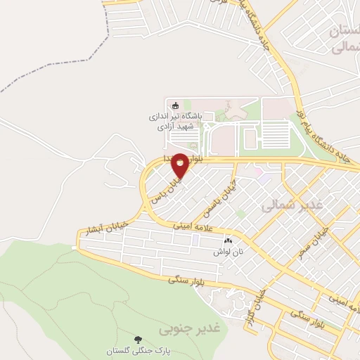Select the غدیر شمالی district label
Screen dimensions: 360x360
pos(291,205)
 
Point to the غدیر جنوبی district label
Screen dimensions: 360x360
pos(189,328)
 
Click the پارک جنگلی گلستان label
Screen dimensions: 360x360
pos(137,350)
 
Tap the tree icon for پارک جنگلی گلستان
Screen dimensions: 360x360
pos(137,338)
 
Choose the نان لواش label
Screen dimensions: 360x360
pos(229,250)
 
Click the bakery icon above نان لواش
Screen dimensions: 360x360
pos(228,240)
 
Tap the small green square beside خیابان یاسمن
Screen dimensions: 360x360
pos(240,214)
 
